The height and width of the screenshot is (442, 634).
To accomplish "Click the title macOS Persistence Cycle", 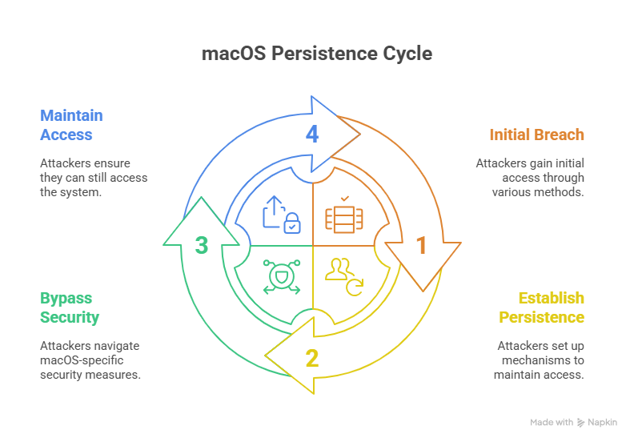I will point(316,54).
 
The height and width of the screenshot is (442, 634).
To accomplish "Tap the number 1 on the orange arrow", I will point(422,245).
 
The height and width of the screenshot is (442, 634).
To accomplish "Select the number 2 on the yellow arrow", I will point(312,357).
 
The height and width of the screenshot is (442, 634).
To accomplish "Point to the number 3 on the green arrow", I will point(202,245).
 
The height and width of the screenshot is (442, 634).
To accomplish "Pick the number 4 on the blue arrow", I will point(312,134).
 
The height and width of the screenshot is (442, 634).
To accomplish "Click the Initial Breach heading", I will point(536,135).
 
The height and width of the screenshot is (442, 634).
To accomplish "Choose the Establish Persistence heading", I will point(541,307).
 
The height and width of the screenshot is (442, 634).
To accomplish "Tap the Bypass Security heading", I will point(70,307).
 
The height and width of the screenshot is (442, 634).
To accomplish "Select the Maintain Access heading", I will point(71,125).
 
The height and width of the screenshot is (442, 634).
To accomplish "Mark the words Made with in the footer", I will point(552,422).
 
